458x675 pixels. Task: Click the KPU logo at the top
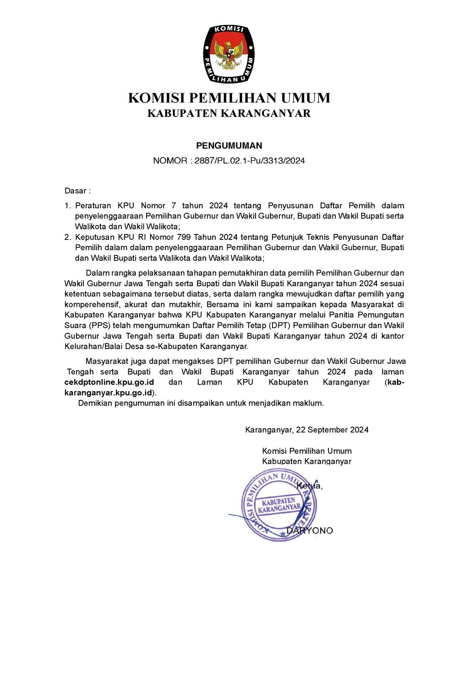229,54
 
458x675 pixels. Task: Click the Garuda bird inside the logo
229,55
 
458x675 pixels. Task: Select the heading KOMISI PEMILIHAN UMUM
229,98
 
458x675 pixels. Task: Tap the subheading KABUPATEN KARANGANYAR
229,113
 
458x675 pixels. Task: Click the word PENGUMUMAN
229,146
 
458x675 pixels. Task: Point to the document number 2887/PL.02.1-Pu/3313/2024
250,161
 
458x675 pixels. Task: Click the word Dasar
75,191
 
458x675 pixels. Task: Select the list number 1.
67,206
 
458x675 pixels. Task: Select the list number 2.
67,237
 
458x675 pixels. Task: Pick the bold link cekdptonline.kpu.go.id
109,382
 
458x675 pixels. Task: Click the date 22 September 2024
332,430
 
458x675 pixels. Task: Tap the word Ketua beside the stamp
309,485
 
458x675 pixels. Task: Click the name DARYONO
310,531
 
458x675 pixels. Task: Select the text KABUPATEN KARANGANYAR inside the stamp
279,505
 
